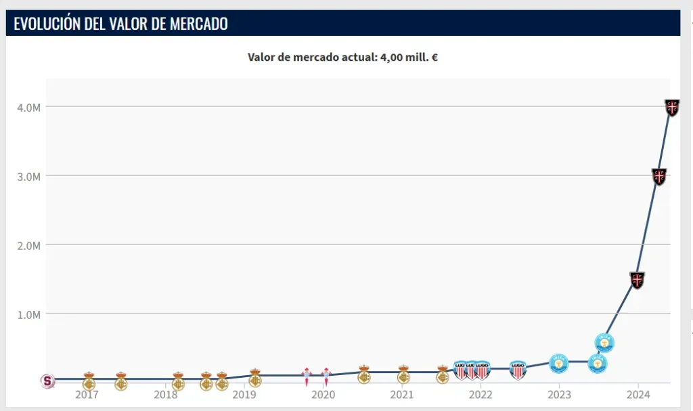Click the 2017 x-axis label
[89, 395]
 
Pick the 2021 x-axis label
[402, 395]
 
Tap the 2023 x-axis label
[559, 395]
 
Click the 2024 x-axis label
[638, 395]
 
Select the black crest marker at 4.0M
[672, 107]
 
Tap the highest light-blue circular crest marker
[604, 343]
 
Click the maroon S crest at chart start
[47, 381]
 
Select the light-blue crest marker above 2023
[559, 362]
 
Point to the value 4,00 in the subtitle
[393, 58]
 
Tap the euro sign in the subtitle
[434, 58]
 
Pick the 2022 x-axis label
[480, 395]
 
